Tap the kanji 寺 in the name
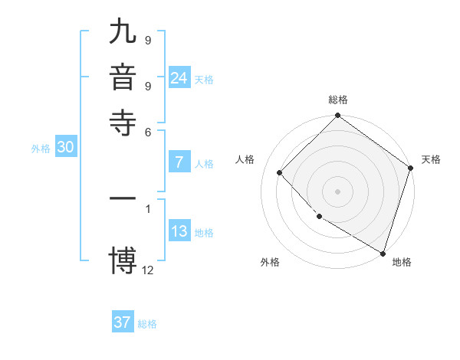123,123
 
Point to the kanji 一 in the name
123,198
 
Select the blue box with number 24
179,78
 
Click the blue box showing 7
179,162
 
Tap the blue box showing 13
179,232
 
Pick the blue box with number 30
65,148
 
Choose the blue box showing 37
123,322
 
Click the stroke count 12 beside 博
148,269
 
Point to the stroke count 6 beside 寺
148,132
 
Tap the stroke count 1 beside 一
148,208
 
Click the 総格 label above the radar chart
338,100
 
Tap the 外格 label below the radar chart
270,263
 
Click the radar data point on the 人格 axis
280,172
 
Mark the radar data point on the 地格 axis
383,252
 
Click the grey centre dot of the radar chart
338,191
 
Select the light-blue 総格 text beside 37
147,324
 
